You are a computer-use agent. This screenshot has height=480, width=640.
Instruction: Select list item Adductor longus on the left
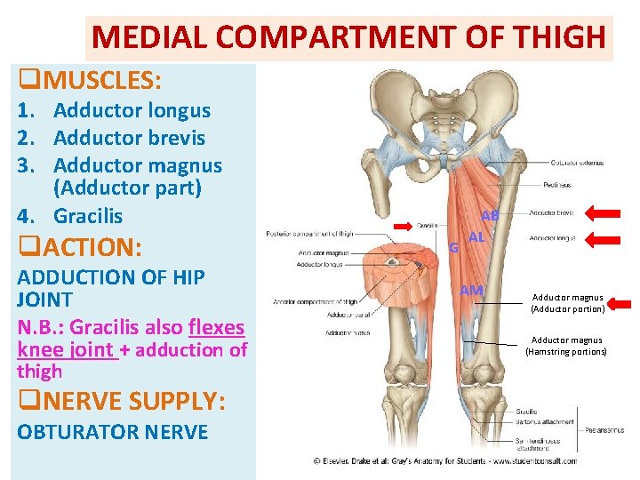click(132, 111)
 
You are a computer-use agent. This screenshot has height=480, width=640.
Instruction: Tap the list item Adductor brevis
click(129, 138)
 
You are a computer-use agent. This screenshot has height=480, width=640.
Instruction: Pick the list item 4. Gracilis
click(88, 216)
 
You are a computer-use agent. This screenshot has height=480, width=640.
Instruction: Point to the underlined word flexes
click(216, 327)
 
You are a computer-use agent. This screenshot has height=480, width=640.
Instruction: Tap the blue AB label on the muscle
click(490, 215)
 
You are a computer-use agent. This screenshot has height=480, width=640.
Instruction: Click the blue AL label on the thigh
click(476, 237)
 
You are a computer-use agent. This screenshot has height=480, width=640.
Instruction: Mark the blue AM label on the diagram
click(471, 291)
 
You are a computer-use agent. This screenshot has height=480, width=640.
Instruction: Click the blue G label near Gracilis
click(453, 248)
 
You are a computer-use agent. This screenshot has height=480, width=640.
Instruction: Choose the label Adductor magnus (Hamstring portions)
click(567, 346)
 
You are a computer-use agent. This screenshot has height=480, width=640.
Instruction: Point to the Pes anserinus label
click(602, 429)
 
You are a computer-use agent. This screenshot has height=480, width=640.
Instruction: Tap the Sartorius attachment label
click(545, 422)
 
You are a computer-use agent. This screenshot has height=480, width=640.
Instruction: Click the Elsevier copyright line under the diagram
click(444, 460)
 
